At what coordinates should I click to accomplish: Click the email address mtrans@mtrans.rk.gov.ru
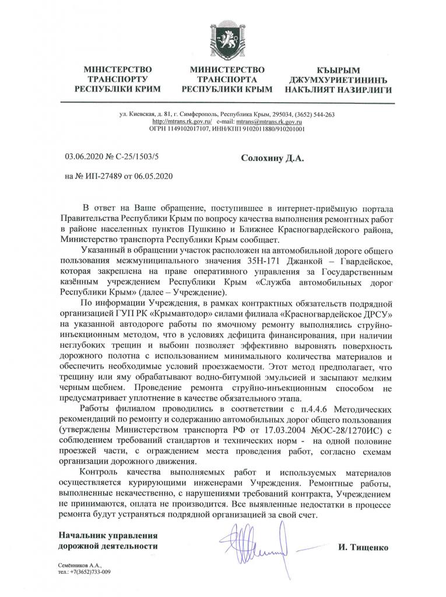tap(269, 121)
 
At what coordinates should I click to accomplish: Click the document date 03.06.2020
tap(83, 157)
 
